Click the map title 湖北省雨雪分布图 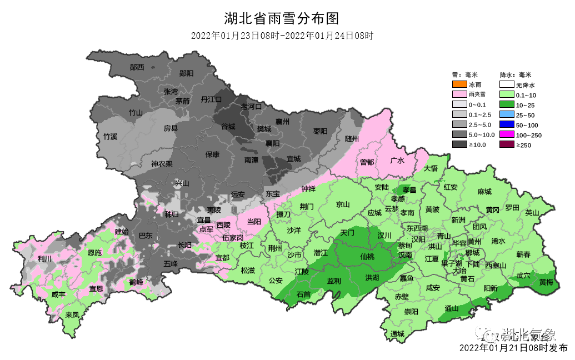point(281,18)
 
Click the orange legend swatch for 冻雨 point(459,85)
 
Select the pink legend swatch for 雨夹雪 point(459,95)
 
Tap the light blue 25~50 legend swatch point(506,115)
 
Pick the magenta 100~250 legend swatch point(506,135)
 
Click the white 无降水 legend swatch point(506,85)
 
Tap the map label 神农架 point(162,164)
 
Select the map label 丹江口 point(211,99)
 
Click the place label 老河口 point(251,106)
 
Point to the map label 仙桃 point(367,257)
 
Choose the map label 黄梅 point(546,282)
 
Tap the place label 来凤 point(72,314)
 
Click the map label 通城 point(397,334)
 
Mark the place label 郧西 point(137,67)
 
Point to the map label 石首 point(303,294)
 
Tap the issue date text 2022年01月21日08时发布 point(513,348)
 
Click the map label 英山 point(532,212)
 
